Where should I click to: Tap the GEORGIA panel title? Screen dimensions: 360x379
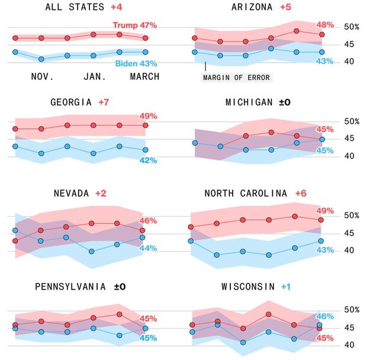[x=70, y=102]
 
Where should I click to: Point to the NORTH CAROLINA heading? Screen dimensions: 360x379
[x=245, y=194]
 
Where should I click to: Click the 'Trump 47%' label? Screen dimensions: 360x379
[x=134, y=25]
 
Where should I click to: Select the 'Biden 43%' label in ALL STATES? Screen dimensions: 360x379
[x=135, y=63]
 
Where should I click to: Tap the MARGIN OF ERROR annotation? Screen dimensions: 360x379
[x=236, y=78]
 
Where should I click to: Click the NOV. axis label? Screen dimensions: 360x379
[x=42, y=77]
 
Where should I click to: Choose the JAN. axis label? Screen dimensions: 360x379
[x=94, y=77]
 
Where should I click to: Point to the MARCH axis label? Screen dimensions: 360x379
[x=144, y=77]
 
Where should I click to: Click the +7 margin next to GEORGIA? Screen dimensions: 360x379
[x=104, y=102]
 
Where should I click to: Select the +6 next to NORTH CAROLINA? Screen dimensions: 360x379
[x=301, y=194]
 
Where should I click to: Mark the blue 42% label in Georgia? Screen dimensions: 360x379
[x=148, y=160]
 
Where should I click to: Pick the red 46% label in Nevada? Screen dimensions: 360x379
[x=147, y=220]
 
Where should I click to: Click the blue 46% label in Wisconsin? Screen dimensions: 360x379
[x=325, y=317]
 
